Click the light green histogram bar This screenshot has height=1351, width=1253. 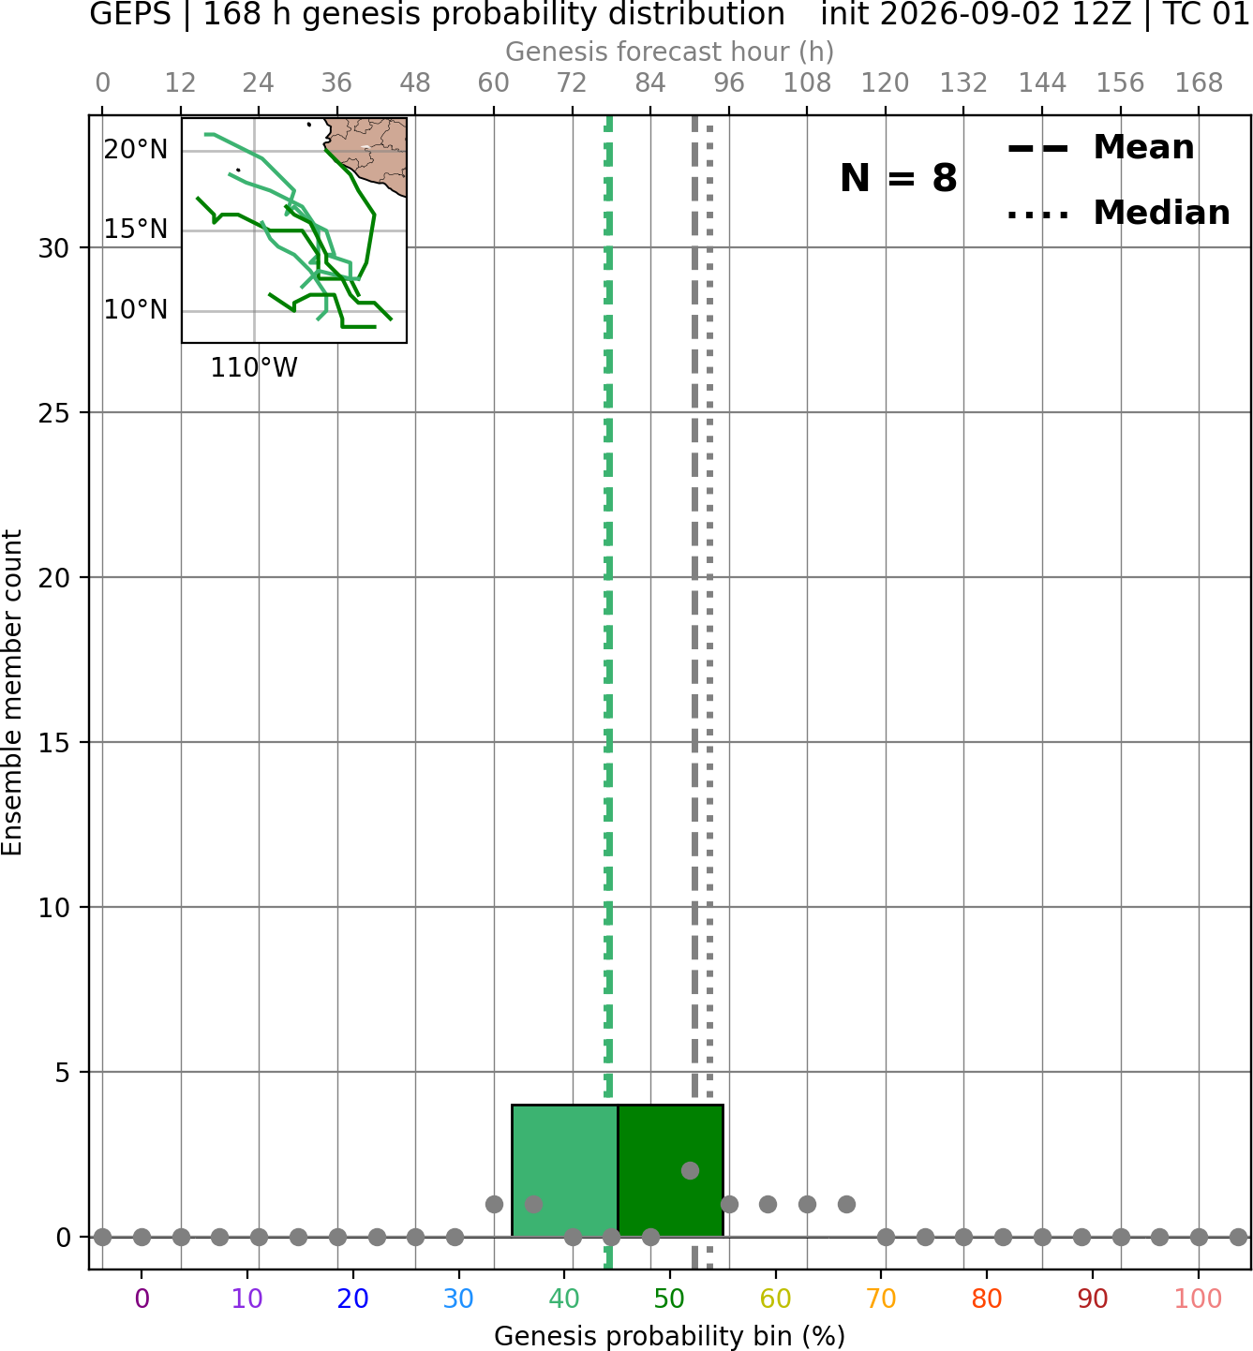[564, 1170]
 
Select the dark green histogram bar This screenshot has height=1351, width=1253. [670, 1170]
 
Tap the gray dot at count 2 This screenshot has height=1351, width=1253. [690, 1170]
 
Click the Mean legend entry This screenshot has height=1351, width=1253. [1100, 148]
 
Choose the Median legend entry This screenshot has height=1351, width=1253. [1118, 213]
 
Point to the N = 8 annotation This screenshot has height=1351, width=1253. [899, 178]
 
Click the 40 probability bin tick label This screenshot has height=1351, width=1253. [564, 1299]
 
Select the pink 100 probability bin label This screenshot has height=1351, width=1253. [1199, 1299]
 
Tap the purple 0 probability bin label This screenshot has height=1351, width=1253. [142, 1299]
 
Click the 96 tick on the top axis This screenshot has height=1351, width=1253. [729, 83]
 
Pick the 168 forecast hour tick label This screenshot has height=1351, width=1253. [1199, 83]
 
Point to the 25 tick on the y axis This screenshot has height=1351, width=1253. [54, 413]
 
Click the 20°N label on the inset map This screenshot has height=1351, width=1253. [136, 150]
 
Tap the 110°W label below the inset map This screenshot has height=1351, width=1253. [254, 368]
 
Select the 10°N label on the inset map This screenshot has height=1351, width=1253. [136, 310]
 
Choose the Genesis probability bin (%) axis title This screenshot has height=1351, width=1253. [670, 1336]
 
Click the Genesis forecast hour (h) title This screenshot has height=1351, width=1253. [670, 52]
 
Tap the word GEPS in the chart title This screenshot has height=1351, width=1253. [130, 14]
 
